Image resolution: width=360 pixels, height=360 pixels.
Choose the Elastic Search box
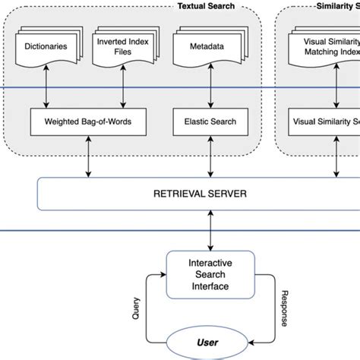[210, 121]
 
